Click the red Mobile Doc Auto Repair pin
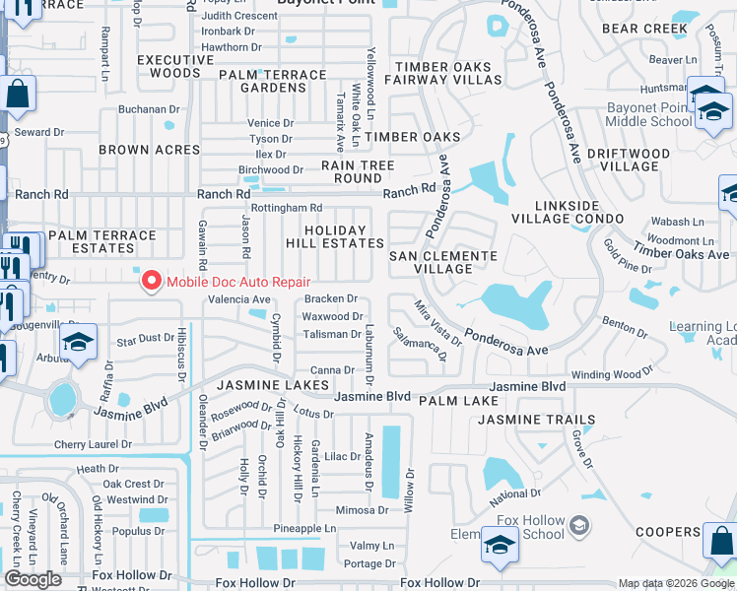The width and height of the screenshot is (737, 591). [x=151, y=282]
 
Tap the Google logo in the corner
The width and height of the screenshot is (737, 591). [x=33, y=579]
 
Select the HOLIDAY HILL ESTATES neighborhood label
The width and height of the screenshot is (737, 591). [x=334, y=236]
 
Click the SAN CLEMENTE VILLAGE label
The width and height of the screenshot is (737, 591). [x=442, y=262]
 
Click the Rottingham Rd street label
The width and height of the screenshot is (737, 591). [x=287, y=208]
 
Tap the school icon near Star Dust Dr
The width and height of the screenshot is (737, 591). [x=77, y=343]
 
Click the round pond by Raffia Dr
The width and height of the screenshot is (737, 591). [x=62, y=399]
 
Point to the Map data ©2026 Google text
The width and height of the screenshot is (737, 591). [x=676, y=583]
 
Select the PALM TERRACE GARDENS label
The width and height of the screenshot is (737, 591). [x=272, y=81]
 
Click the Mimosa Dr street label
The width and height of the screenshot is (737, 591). [x=361, y=510]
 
